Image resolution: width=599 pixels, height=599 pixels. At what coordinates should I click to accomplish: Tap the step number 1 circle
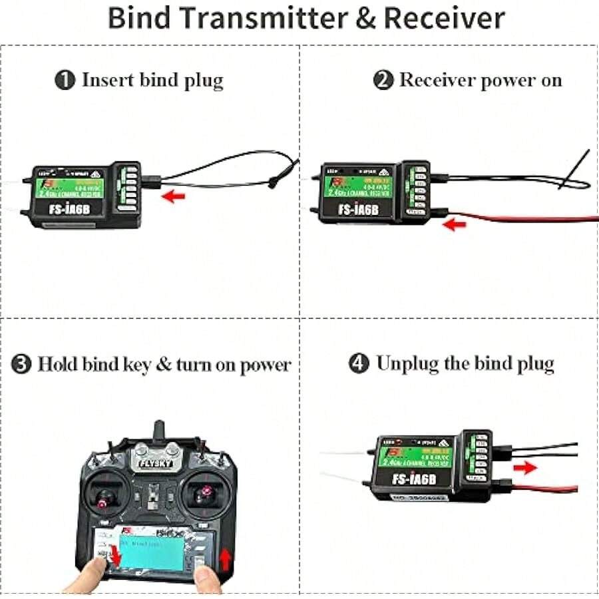(65, 81)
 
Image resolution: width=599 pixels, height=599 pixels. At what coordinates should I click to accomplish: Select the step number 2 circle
(382, 81)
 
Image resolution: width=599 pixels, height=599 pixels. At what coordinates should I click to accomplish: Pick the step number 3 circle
(23, 365)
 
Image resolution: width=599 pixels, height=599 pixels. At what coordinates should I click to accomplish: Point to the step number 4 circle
(359, 364)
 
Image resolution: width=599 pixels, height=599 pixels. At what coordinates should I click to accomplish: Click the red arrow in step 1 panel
(173, 196)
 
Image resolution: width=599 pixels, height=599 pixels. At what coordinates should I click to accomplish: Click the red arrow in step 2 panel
(455, 225)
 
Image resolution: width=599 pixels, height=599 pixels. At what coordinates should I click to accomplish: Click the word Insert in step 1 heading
(107, 81)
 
